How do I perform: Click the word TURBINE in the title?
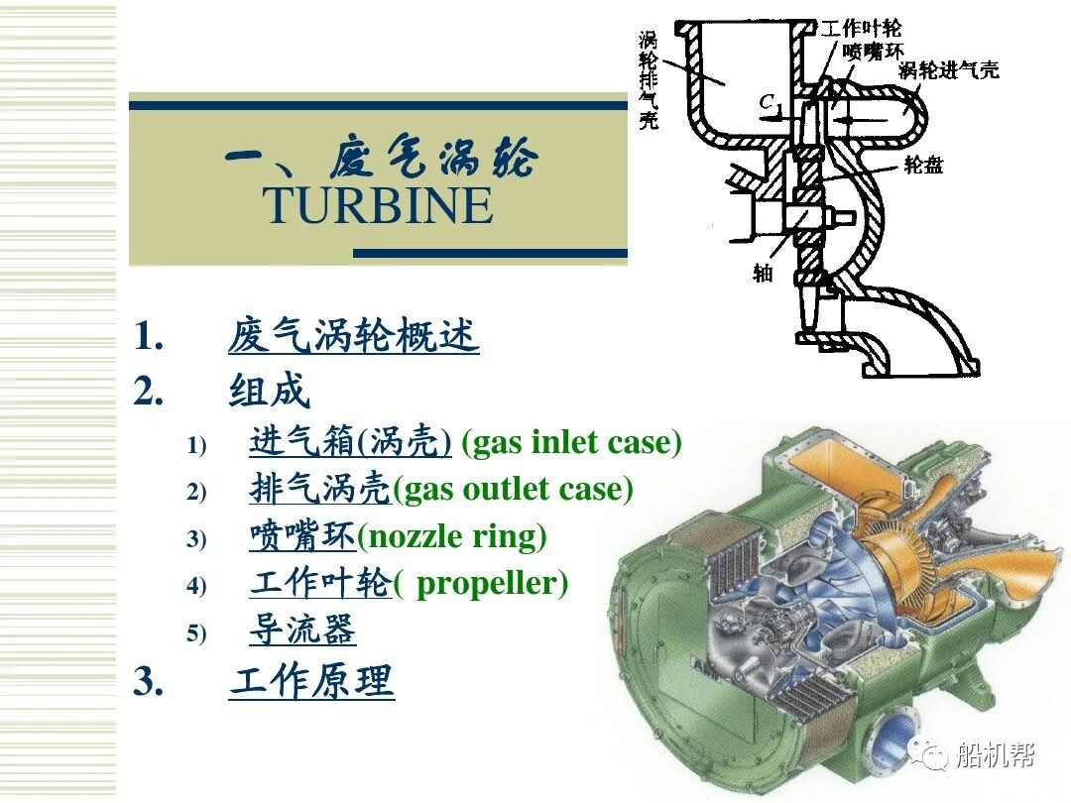[x=378, y=204]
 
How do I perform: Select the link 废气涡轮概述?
[x=354, y=336]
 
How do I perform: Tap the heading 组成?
[x=270, y=391]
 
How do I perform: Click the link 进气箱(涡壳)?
[x=350, y=441]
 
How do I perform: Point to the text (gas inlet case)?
[x=572, y=441]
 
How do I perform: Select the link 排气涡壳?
[x=320, y=488]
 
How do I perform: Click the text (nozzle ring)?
[x=451, y=535]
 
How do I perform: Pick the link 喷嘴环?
[x=302, y=535]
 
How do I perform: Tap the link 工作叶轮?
[x=320, y=582]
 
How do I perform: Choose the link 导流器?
[x=302, y=630]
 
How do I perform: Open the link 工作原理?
[x=311, y=681]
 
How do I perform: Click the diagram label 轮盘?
[x=923, y=165]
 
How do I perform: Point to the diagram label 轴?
[x=763, y=273]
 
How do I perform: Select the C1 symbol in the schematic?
[x=771, y=101]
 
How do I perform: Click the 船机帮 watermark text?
[x=995, y=756]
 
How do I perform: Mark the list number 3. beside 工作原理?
[x=148, y=681]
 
